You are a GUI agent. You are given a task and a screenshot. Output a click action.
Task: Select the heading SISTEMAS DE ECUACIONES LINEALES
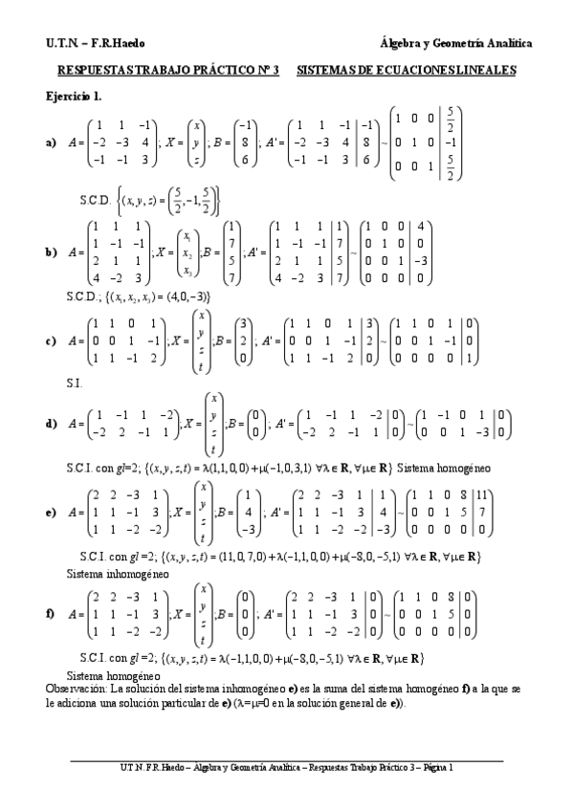pos(407,71)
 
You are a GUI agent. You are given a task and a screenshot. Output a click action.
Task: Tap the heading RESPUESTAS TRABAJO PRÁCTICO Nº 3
pos(168,71)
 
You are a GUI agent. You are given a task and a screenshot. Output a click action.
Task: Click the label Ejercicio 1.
pos(74,96)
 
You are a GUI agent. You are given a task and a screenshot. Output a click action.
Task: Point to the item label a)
pos(51,142)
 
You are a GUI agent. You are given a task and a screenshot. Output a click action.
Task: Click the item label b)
pos(51,252)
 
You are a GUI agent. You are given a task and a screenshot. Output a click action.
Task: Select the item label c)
pos(51,340)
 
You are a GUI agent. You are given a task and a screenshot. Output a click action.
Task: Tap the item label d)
pos(51,423)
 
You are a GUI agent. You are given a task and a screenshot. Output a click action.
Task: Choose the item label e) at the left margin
pos(51,512)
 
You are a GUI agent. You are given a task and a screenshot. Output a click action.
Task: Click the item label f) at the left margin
pos(50,612)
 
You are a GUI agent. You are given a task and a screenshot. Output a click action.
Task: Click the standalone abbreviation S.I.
pos(74,382)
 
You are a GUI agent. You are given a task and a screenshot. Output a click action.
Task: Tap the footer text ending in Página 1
pos(287,766)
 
